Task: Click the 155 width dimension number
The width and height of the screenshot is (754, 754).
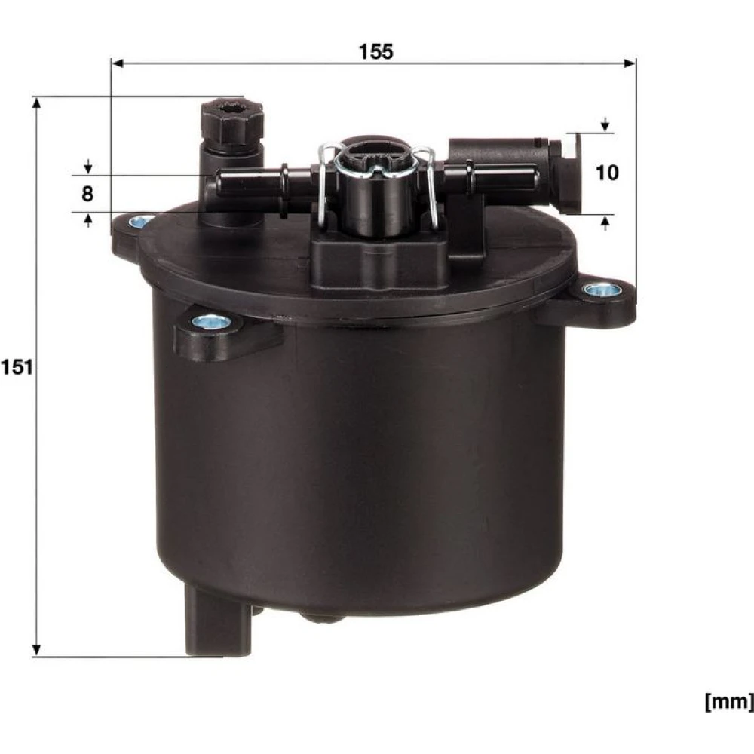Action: point(376,51)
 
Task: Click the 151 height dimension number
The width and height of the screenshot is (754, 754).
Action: point(17,367)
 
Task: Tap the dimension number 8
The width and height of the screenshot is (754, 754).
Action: point(87,194)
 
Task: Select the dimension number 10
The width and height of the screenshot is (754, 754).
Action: point(607,173)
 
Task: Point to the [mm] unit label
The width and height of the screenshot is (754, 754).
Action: point(729,703)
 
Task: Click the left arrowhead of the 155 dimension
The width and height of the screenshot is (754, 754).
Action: point(118,63)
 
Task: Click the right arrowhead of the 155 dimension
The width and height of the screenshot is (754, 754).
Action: point(630,63)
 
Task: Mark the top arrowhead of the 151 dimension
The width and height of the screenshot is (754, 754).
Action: point(36,103)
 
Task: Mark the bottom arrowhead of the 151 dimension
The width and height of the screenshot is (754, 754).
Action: point(36,651)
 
